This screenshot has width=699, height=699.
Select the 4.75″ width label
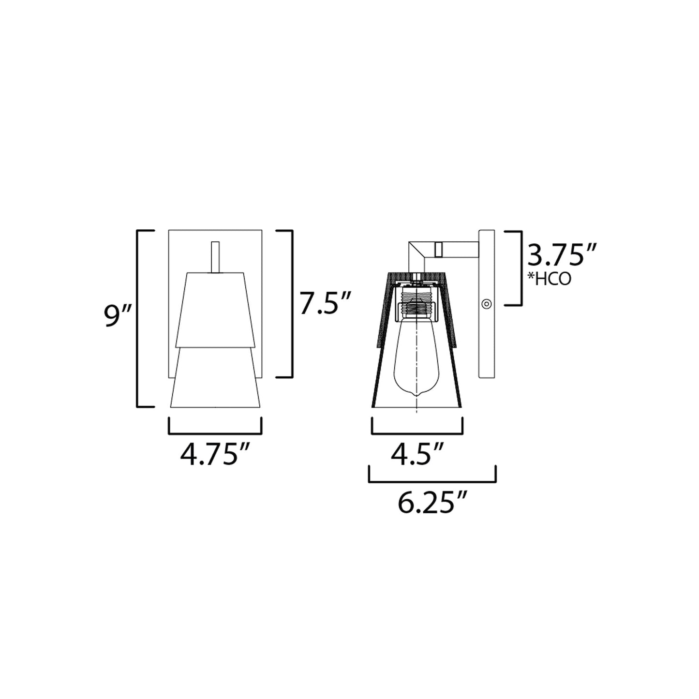click(215, 455)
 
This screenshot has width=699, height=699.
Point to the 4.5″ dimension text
click(416, 455)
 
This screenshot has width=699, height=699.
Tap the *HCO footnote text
click(549, 279)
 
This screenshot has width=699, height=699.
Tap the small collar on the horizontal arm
click(439, 249)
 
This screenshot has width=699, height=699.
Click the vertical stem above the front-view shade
click(215, 257)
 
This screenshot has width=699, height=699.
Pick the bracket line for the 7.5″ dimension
click(292, 303)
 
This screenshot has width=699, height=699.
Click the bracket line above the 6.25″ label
click(432, 481)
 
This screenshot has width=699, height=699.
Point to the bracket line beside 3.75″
click(521, 268)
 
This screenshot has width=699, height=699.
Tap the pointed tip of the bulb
click(417, 395)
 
